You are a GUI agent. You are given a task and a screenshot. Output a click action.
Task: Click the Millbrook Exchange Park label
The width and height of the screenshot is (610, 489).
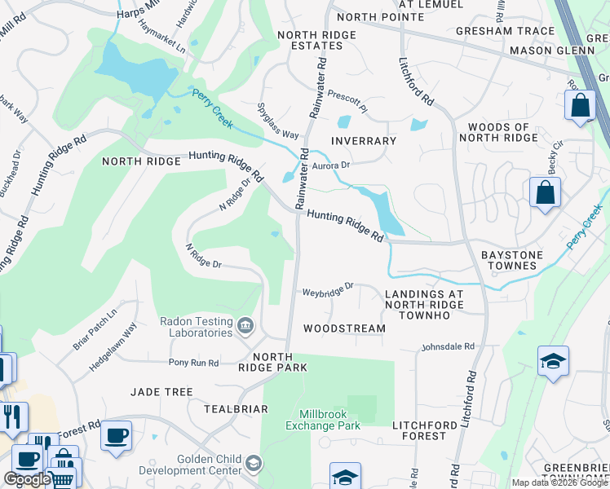tap(324, 420)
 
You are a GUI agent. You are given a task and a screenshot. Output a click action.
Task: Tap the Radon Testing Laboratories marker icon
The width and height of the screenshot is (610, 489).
tap(245, 328)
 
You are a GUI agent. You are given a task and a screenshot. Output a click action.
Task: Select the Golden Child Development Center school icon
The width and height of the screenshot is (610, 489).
tap(254, 464)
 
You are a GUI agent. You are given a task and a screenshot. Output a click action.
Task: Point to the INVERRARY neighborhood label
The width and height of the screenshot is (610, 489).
tap(364, 141)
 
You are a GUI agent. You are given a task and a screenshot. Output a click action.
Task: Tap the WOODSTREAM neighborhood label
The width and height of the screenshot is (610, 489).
tap(343, 328)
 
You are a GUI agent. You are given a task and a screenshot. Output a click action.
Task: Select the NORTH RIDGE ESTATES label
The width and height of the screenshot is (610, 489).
tap(316, 40)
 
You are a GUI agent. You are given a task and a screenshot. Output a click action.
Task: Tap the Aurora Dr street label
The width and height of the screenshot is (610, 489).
tap(330, 165)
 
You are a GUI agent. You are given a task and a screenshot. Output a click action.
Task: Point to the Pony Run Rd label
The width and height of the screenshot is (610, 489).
tap(193, 362)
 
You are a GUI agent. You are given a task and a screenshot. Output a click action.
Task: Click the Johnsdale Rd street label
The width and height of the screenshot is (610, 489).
tap(448, 347)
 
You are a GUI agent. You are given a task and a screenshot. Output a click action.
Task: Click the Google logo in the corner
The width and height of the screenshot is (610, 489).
tap(27, 479)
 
